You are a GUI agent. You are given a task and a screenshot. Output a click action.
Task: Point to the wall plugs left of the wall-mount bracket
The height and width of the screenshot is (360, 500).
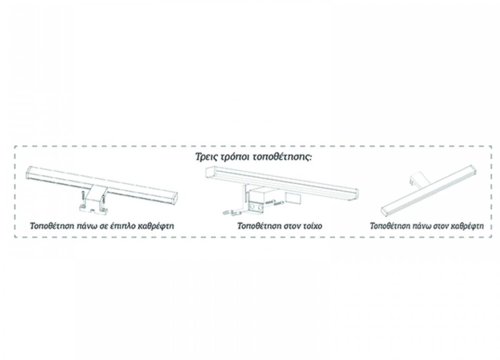tap(232, 212)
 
